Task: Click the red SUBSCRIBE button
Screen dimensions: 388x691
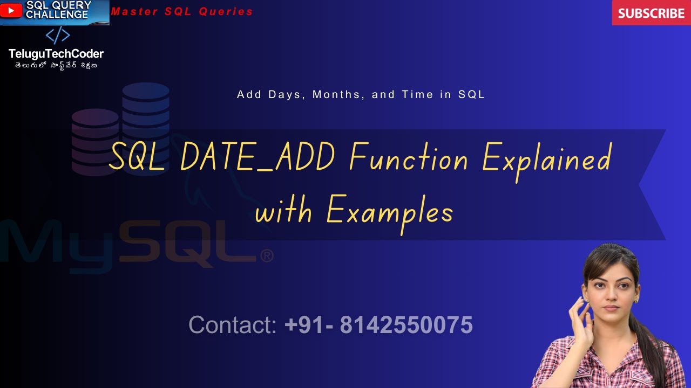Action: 651,13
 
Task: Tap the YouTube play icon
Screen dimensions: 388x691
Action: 11,10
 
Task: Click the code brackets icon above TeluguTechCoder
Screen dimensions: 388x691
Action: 57,36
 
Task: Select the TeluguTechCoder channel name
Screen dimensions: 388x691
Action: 56,54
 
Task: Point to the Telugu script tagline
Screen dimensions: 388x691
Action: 56,66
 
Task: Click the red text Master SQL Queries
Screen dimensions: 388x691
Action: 182,11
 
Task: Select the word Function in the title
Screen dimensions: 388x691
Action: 409,158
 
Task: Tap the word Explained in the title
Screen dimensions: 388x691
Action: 546,160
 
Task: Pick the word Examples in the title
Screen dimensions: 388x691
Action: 389,211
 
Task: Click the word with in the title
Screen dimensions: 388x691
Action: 283,211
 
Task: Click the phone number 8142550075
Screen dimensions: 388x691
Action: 406,325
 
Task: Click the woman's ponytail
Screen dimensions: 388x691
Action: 653,345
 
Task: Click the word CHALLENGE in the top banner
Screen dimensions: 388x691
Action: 57,15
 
